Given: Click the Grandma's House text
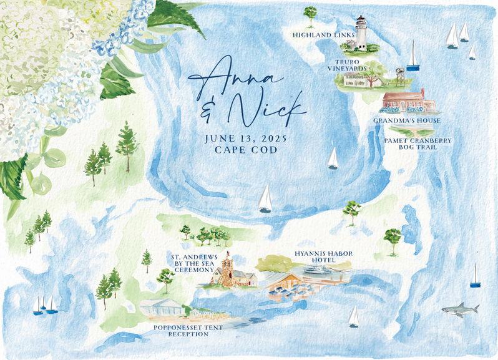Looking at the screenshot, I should pyautogui.click(x=407, y=120).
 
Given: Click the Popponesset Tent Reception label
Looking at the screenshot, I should pyautogui.click(x=180, y=330).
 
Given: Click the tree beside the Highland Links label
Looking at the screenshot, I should pyautogui.click(x=310, y=16).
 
